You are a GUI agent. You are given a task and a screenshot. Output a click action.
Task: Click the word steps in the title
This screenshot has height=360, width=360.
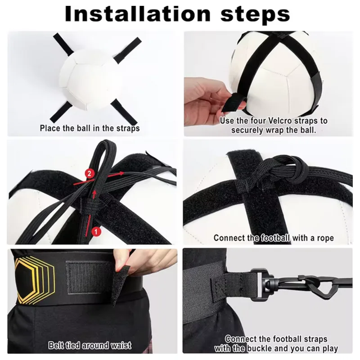(x=255, y=14)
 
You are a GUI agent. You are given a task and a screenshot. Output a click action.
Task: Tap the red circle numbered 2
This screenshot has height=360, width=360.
(x=90, y=173)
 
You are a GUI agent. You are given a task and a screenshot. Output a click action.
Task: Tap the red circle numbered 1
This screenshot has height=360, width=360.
(x=95, y=231)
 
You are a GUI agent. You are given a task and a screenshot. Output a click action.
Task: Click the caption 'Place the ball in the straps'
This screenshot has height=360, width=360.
(x=90, y=128)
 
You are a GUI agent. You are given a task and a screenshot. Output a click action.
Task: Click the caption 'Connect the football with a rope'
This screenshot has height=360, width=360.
(x=274, y=238)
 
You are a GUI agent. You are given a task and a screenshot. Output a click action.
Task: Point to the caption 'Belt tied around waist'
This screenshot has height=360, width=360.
(x=90, y=346)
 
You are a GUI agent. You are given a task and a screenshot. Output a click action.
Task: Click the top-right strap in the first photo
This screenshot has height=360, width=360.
(x=128, y=48)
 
